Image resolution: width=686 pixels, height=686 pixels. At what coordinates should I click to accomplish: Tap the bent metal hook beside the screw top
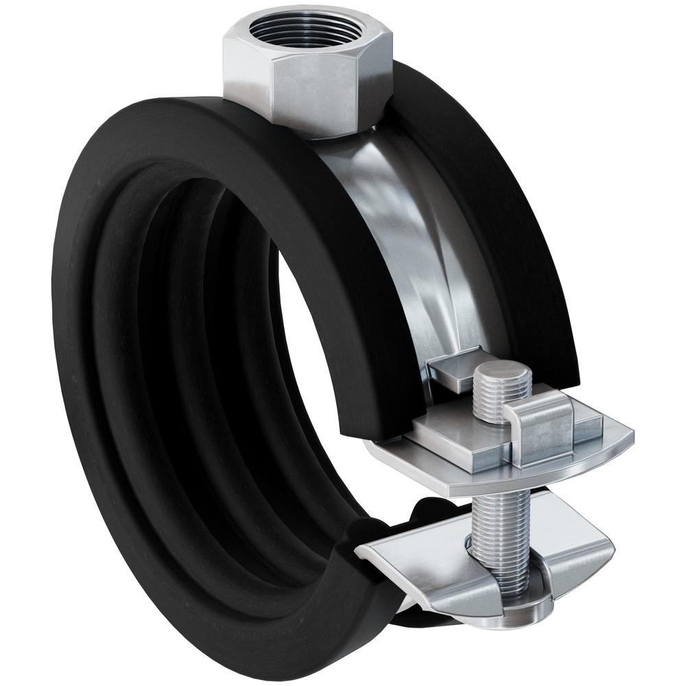point(542,432)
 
